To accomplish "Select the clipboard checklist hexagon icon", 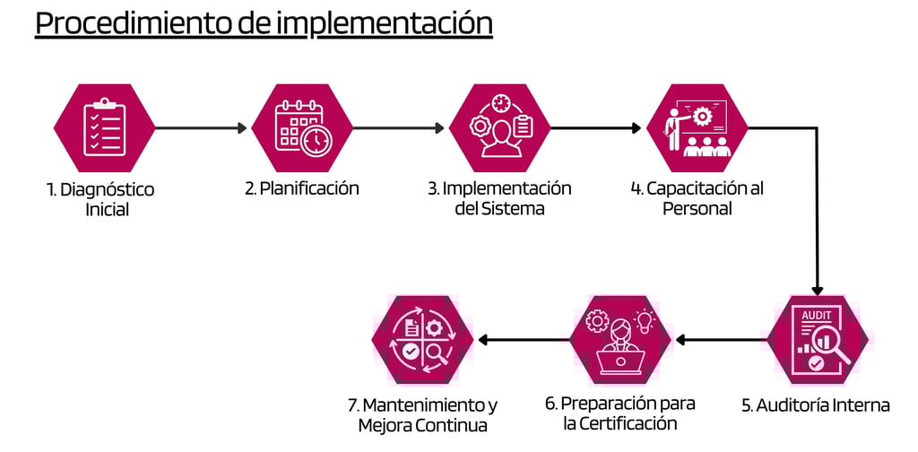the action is [104, 128].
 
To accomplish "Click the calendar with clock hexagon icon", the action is [302, 128].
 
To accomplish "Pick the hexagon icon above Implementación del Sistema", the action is [499, 128].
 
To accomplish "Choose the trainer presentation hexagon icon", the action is [697, 128].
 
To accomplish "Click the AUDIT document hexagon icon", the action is [818, 340].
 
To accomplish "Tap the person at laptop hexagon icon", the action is [620, 340].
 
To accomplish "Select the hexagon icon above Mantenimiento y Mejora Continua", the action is [422, 340].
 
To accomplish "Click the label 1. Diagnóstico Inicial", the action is [101, 200].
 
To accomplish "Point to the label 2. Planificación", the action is [302, 188].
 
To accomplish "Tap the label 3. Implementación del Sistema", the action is [499, 198].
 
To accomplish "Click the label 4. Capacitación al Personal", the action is [697, 198].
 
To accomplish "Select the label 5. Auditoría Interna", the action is [816, 404].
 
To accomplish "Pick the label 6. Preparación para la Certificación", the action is [620, 413].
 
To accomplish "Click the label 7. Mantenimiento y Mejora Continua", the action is [422, 414].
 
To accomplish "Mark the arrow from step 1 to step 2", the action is [201, 128].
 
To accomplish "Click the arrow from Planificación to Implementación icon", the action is [398, 128].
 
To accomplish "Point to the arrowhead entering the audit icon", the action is [818, 289].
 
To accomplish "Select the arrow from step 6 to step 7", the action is [524, 340].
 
